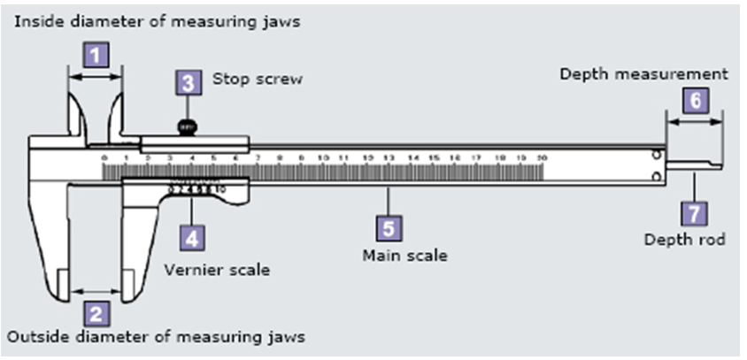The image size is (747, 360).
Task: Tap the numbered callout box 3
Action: click(187, 82)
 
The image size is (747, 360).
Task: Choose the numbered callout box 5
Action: click(389, 227)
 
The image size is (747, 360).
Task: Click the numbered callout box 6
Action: click(695, 101)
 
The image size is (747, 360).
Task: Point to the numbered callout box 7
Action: click(694, 212)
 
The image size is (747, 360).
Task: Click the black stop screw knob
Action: click(187, 127)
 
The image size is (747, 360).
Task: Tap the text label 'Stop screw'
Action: click(257, 80)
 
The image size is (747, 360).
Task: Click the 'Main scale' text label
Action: click(404, 256)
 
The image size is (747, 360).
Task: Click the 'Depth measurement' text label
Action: click(643, 74)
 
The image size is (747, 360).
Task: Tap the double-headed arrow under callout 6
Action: click(695, 123)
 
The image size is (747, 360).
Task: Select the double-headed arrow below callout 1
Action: click(96, 78)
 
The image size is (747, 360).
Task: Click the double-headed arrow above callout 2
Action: click(95, 289)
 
